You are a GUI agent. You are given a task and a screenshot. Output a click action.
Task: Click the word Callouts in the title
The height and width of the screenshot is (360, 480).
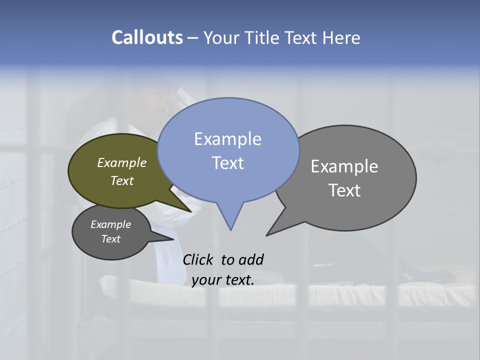click(x=147, y=37)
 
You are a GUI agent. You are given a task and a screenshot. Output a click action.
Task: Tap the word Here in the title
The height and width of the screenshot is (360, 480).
click(x=342, y=37)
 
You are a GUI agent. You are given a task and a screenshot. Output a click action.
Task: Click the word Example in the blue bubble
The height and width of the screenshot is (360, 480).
click(x=227, y=139)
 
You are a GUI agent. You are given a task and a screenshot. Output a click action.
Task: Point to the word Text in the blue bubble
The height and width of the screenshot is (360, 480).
click(x=227, y=162)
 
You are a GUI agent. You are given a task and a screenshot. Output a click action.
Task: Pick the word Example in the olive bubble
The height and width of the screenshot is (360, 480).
click(x=122, y=162)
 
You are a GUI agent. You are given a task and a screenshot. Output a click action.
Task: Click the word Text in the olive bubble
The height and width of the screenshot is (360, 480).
click(x=122, y=180)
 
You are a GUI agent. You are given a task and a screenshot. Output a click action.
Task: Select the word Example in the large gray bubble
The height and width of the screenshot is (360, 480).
click(x=344, y=166)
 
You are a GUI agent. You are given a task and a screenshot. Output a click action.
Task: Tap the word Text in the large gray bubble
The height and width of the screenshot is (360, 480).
click(x=344, y=190)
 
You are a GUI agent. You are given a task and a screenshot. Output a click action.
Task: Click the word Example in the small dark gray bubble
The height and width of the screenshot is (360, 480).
click(x=110, y=224)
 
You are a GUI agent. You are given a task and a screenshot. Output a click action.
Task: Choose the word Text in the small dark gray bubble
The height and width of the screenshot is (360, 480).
click(x=110, y=239)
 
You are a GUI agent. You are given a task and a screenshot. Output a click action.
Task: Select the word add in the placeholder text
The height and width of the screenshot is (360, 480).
click(x=251, y=259)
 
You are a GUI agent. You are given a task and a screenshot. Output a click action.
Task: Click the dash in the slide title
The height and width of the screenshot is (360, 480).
click(x=193, y=37)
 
